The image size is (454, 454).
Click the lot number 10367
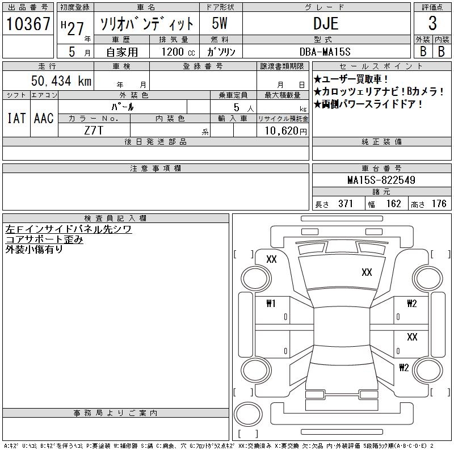click(x=28, y=24)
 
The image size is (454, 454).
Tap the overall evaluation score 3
click(x=432, y=23)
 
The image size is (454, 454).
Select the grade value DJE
click(x=326, y=23)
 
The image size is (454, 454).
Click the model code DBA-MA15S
click(x=325, y=52)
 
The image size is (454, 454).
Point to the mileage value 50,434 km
click(x=61, y=81)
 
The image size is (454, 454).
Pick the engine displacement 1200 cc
click(x=178, y=52)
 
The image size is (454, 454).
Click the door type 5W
click(x=220, y=23)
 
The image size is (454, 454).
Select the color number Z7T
click(x=94, y=131)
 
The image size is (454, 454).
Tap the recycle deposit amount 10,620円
click(x=286, y=131)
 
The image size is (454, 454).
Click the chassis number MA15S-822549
click(x=381, y=180)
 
